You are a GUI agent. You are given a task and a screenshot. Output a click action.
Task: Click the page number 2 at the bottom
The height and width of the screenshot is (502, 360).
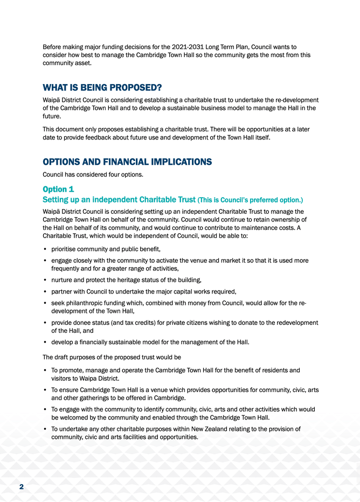click(x=22, y=487)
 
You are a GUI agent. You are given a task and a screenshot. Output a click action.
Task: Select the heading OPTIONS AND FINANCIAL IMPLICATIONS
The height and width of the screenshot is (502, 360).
click(x=127, y=162)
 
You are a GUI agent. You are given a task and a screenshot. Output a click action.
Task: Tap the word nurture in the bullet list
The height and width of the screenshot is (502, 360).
click(x=63, y=281)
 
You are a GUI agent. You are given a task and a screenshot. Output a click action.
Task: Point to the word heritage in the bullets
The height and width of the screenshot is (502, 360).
click(x=135, y=281)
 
